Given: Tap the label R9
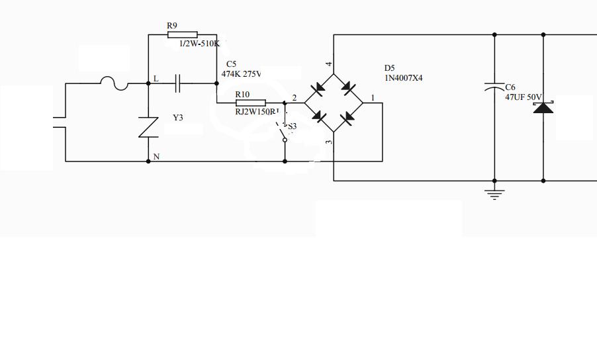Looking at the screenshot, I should click(172, 26).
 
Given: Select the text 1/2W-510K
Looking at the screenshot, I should click(199, 44).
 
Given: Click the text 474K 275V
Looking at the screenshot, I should click(241, 74).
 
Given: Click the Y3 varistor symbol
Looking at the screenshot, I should click(148, 126).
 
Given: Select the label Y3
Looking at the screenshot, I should click(177, 118).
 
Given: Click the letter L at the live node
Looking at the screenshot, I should click(156, 79).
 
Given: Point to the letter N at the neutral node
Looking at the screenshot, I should click(156, 157).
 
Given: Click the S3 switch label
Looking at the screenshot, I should click(292, 126).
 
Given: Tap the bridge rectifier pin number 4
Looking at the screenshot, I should click(329, 64).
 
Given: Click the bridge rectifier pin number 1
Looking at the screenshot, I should click(373, 98).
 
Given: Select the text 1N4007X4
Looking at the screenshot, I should click(403, 78).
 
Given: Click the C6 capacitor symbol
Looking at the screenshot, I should click(494, 87).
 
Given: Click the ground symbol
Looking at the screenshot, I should click(494, 193).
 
